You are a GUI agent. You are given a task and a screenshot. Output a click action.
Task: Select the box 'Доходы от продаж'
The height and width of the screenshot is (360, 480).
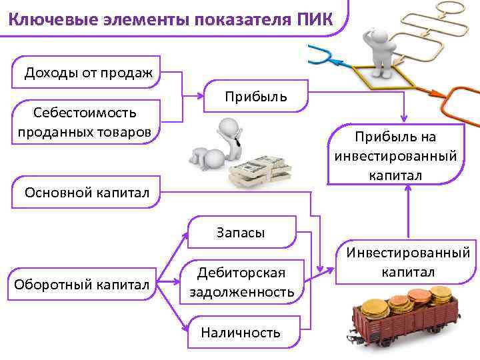coord(88,73)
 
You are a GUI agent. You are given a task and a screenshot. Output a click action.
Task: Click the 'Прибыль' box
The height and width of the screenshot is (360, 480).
coord(256,97)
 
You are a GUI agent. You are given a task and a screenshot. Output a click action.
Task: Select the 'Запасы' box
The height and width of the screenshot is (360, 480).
coord(241,232)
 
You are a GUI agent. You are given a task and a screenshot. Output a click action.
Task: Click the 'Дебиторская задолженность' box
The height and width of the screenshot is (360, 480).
coord(241,282)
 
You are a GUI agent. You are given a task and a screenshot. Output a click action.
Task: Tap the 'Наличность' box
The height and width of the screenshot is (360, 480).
coord(241,332)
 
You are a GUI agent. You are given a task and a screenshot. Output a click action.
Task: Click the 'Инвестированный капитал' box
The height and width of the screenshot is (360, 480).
coord(407,262)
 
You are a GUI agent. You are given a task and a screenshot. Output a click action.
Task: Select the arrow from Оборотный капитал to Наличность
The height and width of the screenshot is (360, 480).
coord(175,313)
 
